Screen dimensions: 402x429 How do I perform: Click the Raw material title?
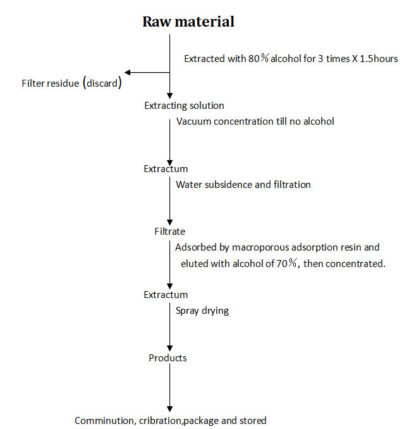188,22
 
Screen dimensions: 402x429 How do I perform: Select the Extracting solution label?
184,106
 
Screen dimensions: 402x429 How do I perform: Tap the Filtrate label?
169,232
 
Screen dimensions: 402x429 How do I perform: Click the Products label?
167,358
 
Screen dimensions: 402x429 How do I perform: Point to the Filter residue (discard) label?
71,83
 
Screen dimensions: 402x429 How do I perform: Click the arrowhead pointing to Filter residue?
127,73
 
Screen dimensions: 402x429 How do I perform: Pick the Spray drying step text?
202,311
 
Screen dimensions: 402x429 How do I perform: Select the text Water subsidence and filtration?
243,185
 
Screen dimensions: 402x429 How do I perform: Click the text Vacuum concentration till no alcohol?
255,121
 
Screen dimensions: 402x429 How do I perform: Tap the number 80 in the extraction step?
254,59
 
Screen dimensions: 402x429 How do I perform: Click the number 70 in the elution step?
282,264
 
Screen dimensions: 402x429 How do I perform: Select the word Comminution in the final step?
106,421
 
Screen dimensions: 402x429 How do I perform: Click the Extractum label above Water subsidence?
166,169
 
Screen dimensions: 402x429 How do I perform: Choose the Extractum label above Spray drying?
166,295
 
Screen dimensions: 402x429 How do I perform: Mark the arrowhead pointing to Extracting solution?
169,96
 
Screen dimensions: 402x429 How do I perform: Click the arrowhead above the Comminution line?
169,409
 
